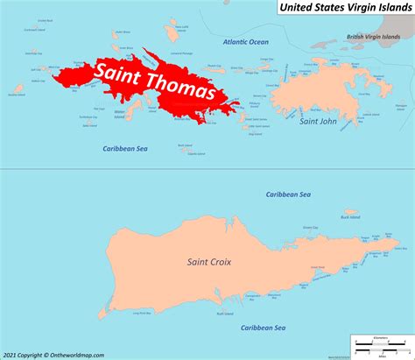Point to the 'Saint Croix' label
(207, 261)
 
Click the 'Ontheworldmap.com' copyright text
(54, 354)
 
